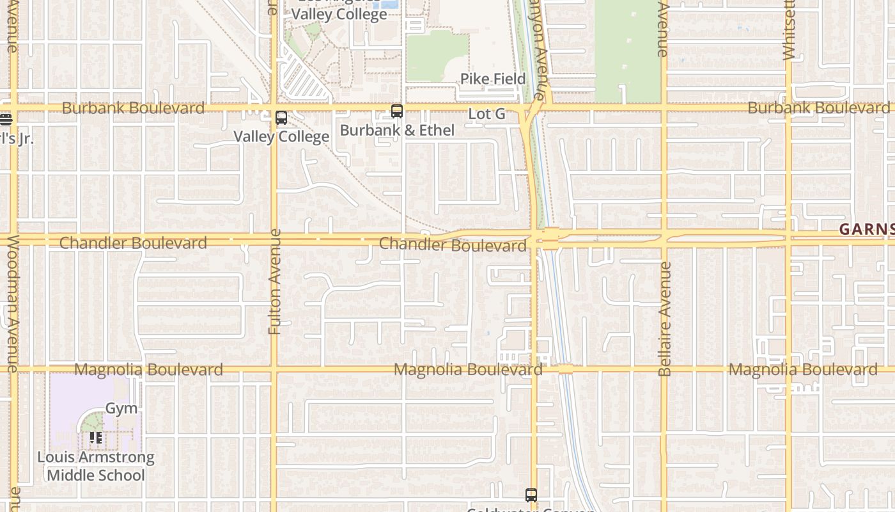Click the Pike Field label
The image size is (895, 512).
point(493,79)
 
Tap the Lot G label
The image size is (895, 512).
point(486,115)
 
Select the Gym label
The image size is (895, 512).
point(121,408)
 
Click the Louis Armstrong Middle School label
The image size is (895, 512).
point(96,466)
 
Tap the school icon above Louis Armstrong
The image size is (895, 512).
point(95,438)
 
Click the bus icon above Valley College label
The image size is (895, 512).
point(281,118)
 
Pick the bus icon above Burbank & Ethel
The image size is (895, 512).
point(397,111)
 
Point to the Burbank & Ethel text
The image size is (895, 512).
point(397,130)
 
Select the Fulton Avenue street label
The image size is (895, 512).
point(276,282)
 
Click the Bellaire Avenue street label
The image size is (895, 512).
point(665,319)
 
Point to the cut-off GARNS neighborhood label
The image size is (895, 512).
point(866,229)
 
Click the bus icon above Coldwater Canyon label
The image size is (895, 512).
point(531,495)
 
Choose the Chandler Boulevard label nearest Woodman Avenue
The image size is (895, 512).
point(133,243)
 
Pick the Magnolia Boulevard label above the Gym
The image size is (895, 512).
point(148,369)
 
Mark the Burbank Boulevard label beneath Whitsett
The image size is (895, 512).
point(818,108)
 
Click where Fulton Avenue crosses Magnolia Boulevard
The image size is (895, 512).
point(274,369)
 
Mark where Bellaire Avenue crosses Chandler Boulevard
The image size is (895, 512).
point(664,238)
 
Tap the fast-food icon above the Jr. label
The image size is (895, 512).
point(6,119)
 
